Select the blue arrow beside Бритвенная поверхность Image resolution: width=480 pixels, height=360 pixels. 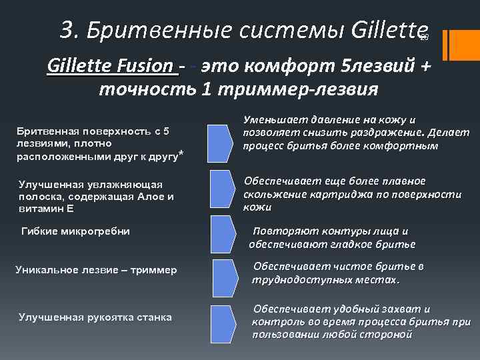(221, 142)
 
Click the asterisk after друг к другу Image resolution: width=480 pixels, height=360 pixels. (181, 156)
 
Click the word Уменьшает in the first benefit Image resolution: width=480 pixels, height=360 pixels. (273, 120)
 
